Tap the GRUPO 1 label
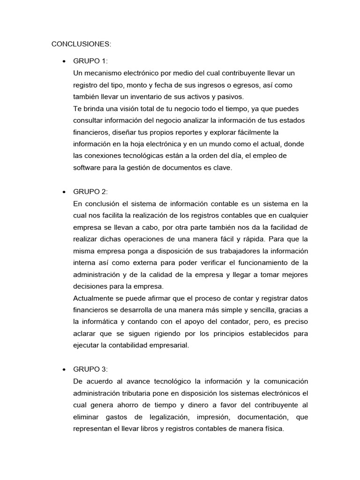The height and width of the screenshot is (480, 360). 90,62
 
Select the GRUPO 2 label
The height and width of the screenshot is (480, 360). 90,192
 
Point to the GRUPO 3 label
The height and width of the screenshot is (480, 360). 90,369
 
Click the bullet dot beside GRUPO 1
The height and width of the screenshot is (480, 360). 63,62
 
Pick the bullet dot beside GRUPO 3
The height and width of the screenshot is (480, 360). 63,369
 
